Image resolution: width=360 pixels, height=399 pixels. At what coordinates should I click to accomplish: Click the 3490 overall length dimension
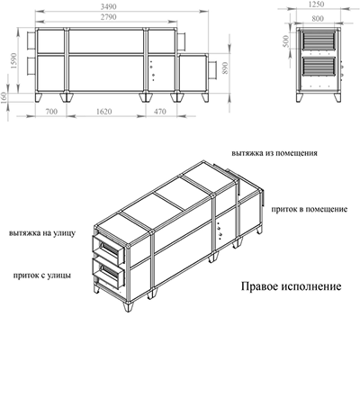[108, 6]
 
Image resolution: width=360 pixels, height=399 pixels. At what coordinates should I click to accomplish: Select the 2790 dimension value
[108, 17]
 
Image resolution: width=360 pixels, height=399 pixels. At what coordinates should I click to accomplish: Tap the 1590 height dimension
[13, 61]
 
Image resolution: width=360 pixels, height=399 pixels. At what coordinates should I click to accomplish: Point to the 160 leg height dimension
[4, 98]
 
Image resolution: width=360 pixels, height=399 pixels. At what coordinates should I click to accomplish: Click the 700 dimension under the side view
[51, 112]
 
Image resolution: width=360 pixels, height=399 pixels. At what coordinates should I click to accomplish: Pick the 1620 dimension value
[104, 112]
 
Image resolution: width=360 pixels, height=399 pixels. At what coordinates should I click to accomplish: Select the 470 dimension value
[160, 112]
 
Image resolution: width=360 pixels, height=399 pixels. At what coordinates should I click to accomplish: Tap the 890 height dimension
[225, 68]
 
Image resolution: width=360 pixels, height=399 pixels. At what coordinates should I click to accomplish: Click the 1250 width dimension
[316, 4]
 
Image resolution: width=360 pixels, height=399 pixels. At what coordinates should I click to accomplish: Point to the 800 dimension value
[318, 19]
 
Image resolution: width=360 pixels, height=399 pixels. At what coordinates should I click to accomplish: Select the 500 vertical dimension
[285, 41]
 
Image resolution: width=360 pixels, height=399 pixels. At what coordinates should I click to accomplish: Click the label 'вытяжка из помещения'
[274, 153]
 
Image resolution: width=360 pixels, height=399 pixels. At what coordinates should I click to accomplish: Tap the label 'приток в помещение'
[310, 209]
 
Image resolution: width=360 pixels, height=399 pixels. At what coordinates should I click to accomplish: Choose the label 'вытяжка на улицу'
[42, 233]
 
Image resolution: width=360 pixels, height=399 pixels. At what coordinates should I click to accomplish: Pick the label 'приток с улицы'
[42, 276]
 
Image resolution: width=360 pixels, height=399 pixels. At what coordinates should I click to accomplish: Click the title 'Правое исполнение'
[292, 286]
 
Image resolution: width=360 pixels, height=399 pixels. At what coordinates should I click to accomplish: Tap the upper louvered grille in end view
[319, 41]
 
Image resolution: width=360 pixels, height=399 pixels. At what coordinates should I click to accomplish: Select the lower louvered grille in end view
[319, 66]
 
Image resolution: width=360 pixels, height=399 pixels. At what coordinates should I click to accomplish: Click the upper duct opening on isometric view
[108, 249]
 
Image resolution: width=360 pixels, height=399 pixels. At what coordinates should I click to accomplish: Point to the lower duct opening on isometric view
[108, 272]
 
